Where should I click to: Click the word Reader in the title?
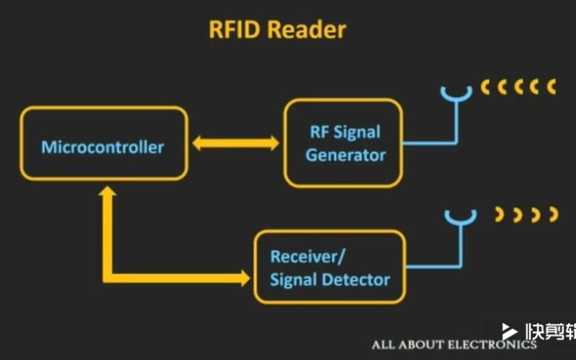306,30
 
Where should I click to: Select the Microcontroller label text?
102,147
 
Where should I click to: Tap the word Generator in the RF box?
345,156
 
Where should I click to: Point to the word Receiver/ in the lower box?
308,257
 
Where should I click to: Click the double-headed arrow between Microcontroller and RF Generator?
236,143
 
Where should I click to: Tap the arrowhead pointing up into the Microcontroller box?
108,194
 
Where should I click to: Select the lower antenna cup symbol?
460,216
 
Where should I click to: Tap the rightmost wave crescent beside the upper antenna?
552,87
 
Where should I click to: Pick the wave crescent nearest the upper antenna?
486,87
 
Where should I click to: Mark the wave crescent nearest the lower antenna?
500,215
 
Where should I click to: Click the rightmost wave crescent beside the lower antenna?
553,215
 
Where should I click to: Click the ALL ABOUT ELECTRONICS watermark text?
454,344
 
